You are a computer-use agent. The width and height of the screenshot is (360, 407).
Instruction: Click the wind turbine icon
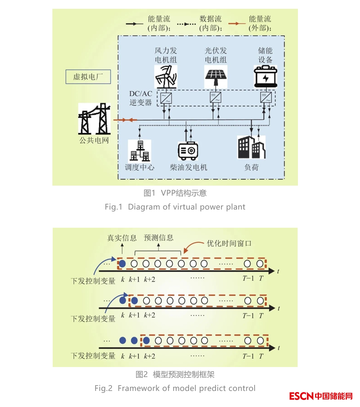(166, 77)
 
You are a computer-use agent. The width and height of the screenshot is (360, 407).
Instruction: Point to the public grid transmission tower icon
(94, 119)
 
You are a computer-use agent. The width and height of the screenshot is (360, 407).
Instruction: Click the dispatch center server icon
(140, 151)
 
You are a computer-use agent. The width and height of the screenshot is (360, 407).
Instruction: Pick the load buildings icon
(251, 147)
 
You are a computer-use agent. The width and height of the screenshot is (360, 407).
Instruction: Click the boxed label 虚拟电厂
(88, 77)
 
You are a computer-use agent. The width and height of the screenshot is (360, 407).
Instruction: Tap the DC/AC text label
(140, 94)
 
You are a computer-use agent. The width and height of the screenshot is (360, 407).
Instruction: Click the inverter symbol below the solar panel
(216, 98)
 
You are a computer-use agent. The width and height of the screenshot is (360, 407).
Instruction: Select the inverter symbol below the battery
(266, 98)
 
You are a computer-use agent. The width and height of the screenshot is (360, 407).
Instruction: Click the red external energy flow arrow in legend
(237, 24)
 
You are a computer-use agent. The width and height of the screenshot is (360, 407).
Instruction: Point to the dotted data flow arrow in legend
(186, 24)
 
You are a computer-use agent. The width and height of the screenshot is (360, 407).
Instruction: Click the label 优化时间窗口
(229, 243)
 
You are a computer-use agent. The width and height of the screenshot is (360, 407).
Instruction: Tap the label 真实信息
(122, 238)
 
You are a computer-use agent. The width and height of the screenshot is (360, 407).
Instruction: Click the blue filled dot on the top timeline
(122, 264)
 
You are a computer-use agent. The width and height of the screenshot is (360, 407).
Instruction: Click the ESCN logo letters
(301, 396)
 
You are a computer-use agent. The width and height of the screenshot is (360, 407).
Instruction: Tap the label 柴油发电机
(188, 167)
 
